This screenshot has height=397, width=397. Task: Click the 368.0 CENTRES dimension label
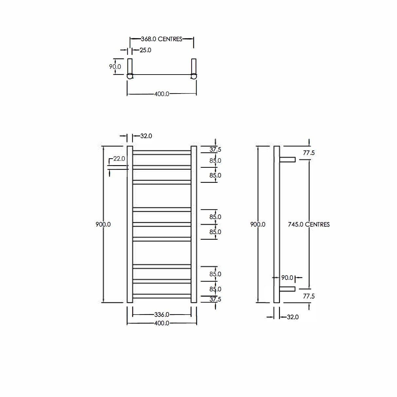162,39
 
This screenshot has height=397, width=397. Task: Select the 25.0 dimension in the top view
146,50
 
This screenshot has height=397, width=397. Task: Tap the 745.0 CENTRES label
309,225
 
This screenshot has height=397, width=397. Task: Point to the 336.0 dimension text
162,315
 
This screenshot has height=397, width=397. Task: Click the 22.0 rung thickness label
119,159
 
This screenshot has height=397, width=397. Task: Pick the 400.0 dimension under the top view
162,94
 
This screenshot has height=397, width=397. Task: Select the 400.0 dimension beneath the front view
162,323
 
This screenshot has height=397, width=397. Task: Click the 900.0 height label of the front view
103,225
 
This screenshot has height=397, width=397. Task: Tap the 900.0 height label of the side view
258,225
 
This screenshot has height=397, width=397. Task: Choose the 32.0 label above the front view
146,136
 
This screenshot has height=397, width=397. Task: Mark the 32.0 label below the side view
293,317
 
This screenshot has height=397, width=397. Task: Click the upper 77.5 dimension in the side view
309,153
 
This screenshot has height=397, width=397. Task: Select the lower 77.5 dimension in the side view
309,296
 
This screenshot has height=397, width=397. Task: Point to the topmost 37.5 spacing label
215,150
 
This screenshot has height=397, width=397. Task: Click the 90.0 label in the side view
287,278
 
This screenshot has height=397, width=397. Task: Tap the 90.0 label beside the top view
115,67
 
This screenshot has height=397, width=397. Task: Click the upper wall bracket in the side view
287,160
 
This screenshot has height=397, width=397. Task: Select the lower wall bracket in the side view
287,289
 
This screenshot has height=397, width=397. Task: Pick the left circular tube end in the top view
130,77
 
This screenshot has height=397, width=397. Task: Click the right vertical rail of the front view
194,224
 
